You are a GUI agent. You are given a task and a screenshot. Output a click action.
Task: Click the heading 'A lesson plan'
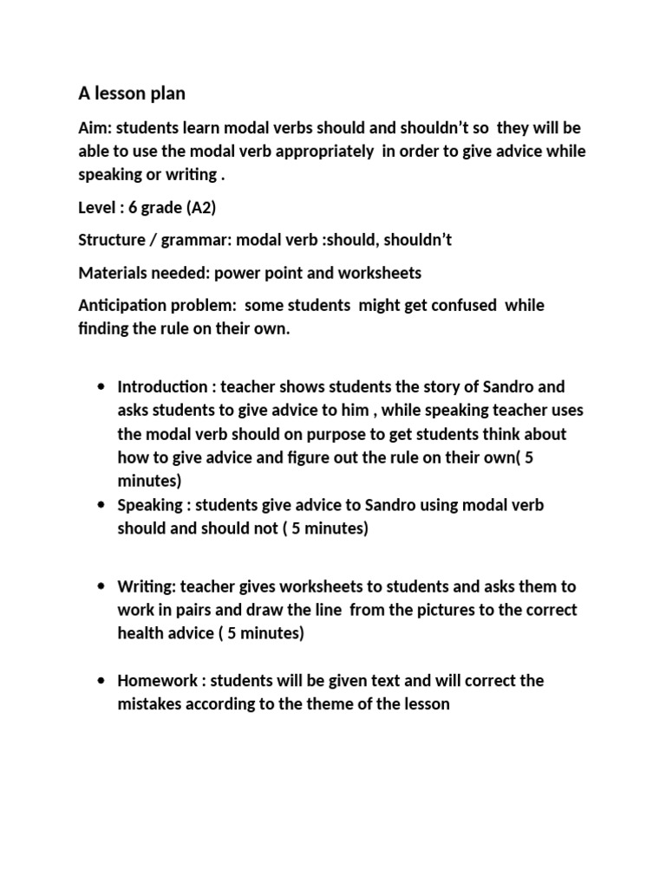point(132,93)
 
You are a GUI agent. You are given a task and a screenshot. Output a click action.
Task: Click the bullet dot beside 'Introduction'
point(102,387)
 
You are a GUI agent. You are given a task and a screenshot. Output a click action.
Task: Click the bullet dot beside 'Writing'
point(102,587)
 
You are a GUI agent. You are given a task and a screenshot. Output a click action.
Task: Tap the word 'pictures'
point(449,611)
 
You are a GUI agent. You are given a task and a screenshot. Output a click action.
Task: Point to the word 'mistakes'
point(151,703)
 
